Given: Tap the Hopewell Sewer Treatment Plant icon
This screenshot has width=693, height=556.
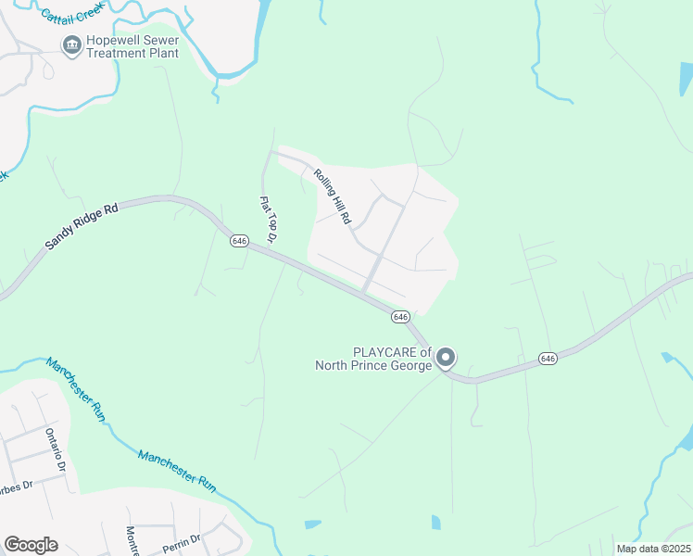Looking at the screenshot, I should (x=70, y=44).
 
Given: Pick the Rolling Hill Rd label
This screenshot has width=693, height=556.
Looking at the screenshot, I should (x=333, y=196).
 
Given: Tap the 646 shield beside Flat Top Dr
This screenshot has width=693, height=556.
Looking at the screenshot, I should (x=239, y=240).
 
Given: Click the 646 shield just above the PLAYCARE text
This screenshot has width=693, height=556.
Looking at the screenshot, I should (x=400, y=317).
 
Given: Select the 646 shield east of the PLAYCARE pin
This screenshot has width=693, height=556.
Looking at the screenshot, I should (x=548, y=358).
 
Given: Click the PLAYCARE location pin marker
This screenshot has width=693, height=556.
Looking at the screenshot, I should (x=446, y=357).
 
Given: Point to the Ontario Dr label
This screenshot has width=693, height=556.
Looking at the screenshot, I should (x=56, y=449).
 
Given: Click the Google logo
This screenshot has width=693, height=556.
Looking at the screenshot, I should (x=31, y=545).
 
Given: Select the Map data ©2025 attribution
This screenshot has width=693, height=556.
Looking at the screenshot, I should (x=653, y=549).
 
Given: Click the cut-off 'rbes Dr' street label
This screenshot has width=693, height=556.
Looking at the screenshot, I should (x=16, y=485).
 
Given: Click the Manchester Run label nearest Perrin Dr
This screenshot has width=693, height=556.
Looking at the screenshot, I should (x=177, y=469).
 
